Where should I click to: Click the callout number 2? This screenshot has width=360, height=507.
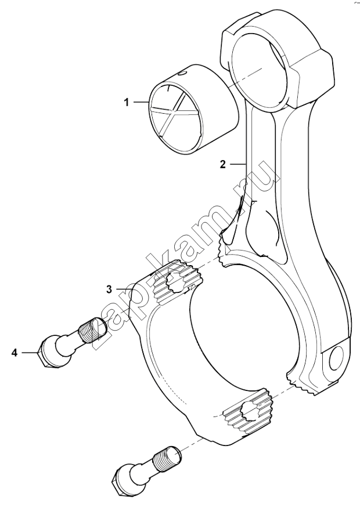(222, 164)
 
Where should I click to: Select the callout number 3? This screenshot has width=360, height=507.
(109, 289)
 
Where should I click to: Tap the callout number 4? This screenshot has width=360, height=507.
(15, 353)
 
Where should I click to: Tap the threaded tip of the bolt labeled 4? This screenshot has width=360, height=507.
(93, 329)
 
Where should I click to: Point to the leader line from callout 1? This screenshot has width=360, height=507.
(141, 103)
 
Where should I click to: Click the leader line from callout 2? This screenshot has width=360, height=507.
(238, 165)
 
